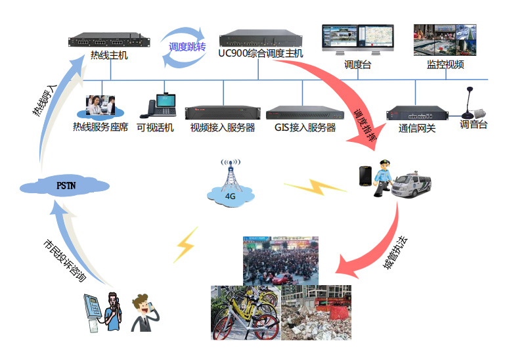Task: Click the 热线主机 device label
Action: pos(109,56)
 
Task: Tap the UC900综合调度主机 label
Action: pos(261,53)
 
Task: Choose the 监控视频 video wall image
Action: pos(445,40)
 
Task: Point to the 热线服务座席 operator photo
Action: pos(100,106)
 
